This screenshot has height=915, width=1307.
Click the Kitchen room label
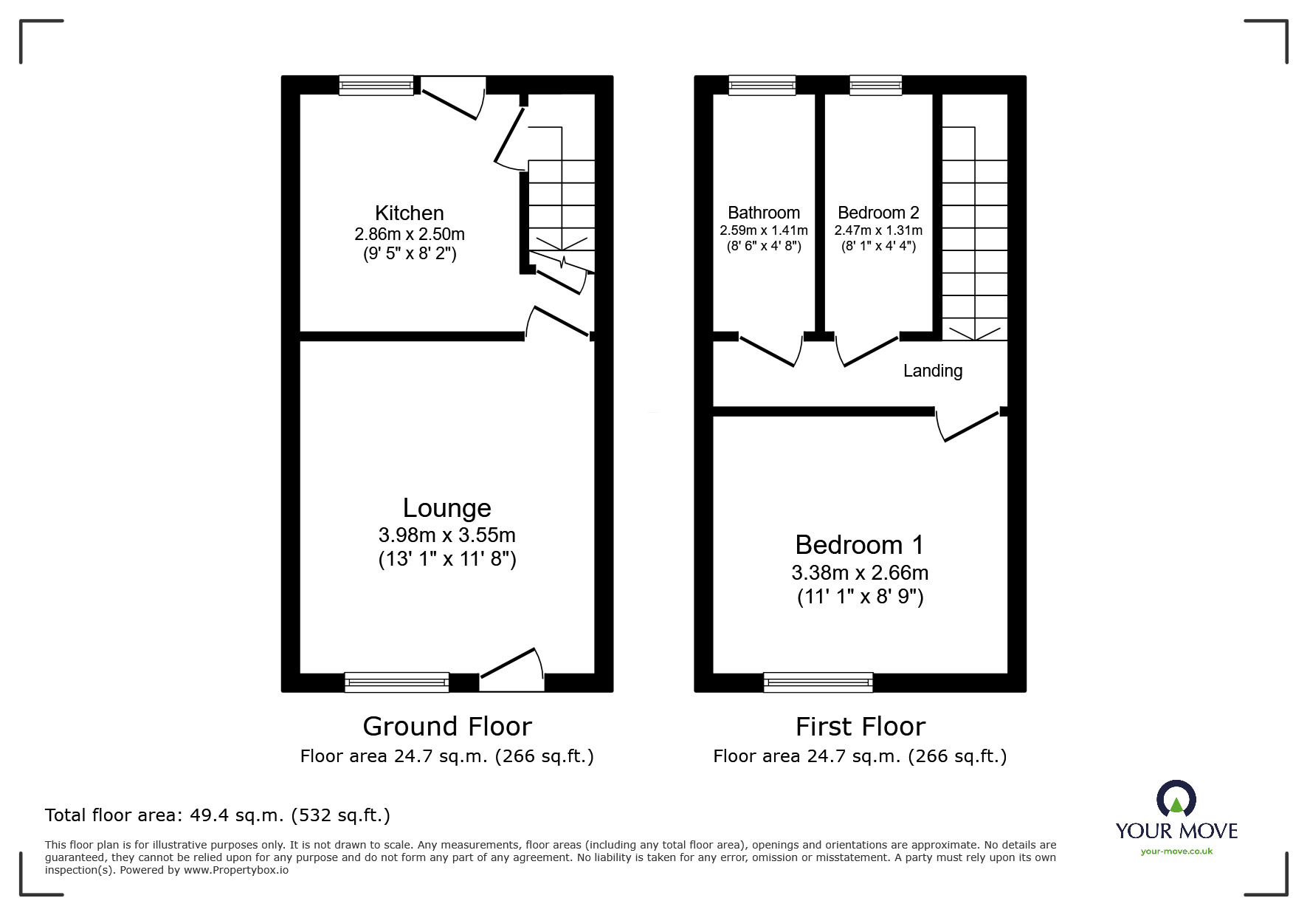[409, 213]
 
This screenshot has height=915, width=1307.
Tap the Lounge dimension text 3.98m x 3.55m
[446, 535]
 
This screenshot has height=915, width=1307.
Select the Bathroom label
[764, 213]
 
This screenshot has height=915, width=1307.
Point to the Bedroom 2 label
[878, 213]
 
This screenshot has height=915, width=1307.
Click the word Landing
[933, 371]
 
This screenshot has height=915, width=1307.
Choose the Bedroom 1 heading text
[860, 545]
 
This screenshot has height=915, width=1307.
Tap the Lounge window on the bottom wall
[396, 682]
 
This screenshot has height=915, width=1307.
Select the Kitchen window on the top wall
[376, 86]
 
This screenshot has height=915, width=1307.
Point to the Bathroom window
[762, 86]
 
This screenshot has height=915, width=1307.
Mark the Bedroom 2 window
[876, 86]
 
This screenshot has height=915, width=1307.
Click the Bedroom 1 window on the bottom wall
[818, 682]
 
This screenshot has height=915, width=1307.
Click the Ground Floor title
[446, 727]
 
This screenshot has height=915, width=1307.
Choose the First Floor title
[860, 727]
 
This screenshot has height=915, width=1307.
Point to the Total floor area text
[218, 815]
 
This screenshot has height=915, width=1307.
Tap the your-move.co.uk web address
[1176, 851]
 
